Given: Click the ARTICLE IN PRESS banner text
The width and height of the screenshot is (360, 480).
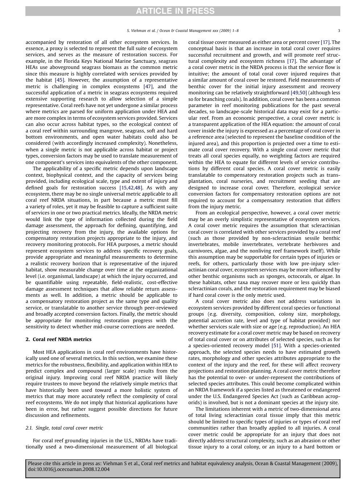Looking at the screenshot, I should (x=175, y=11).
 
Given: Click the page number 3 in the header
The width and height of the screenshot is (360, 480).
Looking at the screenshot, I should (x=339, y=31).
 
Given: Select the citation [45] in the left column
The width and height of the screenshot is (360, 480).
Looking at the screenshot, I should (x=60, y=80).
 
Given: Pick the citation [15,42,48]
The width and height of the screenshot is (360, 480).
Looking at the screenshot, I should (x=131, y=188).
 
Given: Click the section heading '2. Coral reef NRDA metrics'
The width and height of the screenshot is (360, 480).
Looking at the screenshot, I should (x=58, y=339).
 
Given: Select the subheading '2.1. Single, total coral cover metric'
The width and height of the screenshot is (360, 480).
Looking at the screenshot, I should (x=64, y=428).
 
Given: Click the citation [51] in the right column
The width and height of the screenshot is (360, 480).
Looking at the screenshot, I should (x=276, y=345).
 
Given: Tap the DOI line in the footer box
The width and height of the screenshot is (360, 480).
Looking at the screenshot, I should (x=69, y=469).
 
